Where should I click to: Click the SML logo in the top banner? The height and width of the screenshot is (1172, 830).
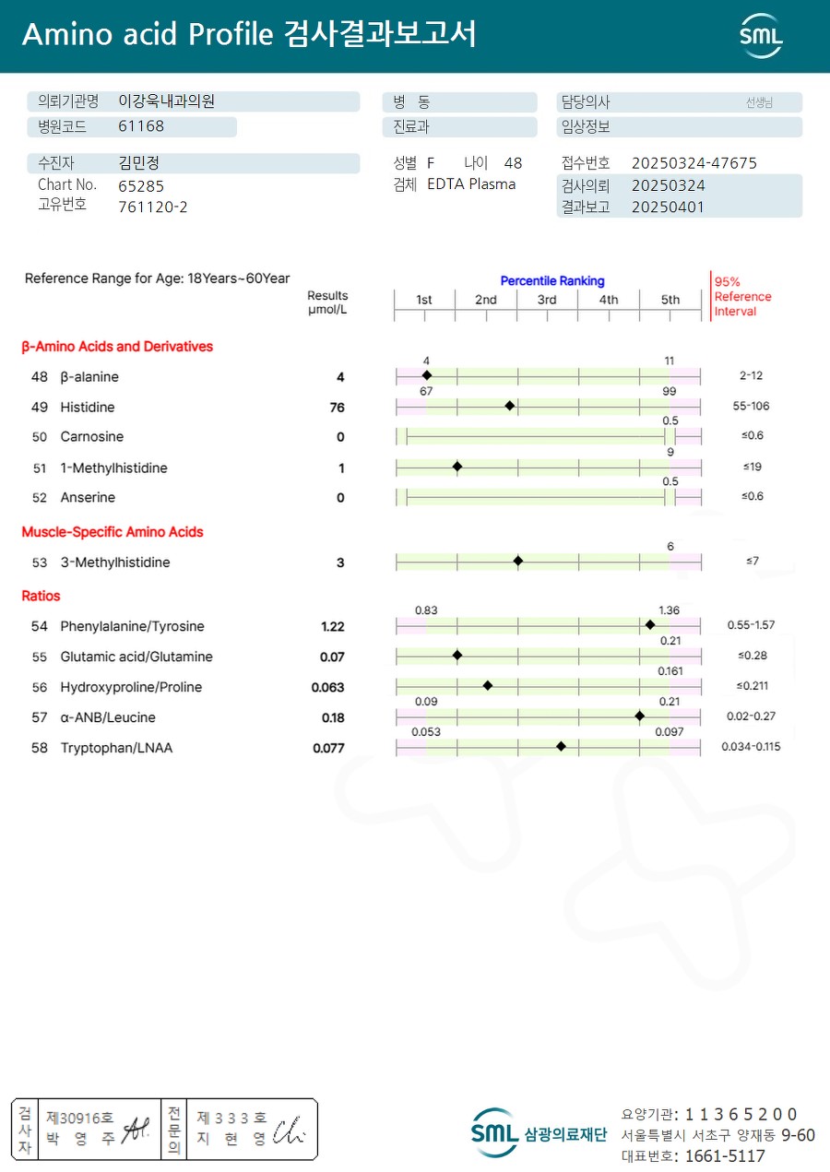(761, 36)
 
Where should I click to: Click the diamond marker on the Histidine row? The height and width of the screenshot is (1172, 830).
(510, 406)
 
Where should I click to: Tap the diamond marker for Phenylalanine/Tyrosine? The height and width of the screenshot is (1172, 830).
(650, 625)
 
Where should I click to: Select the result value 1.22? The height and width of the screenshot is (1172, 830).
(332, 627)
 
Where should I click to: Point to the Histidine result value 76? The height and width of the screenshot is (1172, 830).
(337, 408)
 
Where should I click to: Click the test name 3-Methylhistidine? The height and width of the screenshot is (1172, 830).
(115, 562)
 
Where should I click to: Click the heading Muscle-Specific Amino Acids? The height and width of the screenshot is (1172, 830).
(113, 532)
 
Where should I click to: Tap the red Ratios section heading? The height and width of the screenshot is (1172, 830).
(41, 596)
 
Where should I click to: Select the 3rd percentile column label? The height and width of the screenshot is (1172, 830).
(547, 300)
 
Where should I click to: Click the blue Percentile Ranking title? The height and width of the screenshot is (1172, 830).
(552, 280)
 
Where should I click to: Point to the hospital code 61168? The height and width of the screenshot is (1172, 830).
(141, 126)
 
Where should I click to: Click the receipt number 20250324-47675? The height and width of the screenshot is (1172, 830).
(694, 163)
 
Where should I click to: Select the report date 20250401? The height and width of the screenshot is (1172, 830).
(668, 207)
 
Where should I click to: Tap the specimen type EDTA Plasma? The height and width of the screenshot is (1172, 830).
(471, 184)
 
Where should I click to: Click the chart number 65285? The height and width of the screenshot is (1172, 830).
(141, 185)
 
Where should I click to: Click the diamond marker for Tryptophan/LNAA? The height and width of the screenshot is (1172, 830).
(561, 746)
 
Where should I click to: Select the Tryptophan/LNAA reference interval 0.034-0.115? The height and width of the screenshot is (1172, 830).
(751, 747)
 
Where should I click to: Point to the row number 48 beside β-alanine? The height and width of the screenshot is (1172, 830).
(40, 377)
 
